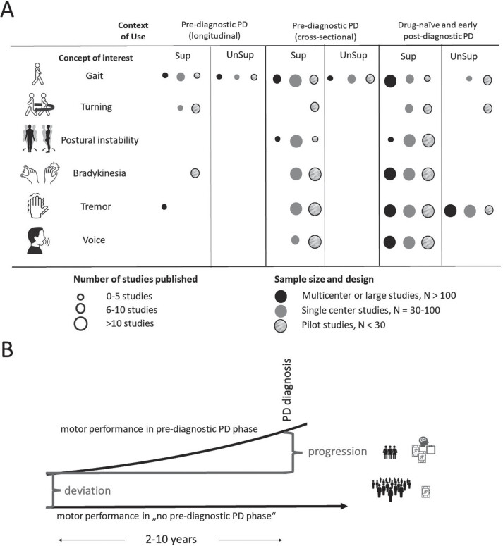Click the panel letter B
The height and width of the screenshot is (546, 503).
click(x=7, y=349)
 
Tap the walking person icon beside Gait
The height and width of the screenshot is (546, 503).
click(x=37, y=74)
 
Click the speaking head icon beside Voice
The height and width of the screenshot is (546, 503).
click(x=38, y=240)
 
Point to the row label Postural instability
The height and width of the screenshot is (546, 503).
click(x=99, y=140)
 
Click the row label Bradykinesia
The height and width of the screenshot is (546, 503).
click(x=99, y=173)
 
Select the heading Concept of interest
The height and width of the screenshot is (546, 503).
click(x=95, y=58)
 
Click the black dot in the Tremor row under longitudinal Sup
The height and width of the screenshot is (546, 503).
click(x=164, y=207)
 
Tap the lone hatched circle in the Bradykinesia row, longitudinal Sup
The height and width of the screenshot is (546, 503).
click(x=195, y=173)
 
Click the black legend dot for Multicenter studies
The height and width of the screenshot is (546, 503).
click(x=281, y=297)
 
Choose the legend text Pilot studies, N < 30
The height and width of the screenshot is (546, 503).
click(x=344, y=325)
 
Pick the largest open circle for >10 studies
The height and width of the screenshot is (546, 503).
click(x=80, y=324)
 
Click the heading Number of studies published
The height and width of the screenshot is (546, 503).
click(x=135, y=279)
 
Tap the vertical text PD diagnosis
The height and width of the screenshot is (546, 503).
click(x=286, y=390)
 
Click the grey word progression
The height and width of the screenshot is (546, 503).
click(x=337, y=452)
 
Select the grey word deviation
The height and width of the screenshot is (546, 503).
click(x=87, y=490)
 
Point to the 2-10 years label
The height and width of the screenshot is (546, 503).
click(x=171, y=539)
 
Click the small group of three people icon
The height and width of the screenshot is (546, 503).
click(x=389, y=452)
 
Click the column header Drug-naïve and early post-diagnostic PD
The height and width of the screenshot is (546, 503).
click(x=438, y=30)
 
